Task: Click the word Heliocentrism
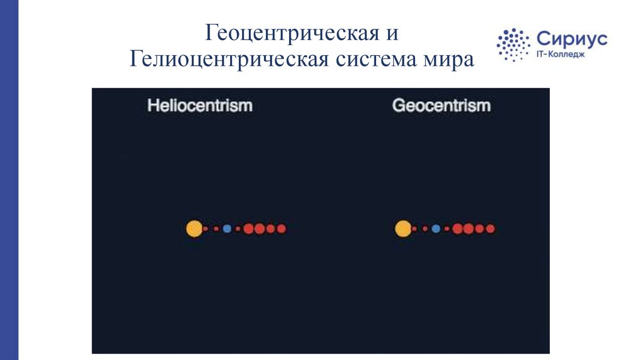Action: click(x=199, y=105)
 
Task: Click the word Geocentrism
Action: click(x=441, y=105)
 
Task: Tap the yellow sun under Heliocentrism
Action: click(x=194, y=229)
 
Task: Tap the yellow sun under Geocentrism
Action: click(x=403, y=229)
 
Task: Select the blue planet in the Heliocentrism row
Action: click(x=227, y=229)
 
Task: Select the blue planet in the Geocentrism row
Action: click(x=436, y=229)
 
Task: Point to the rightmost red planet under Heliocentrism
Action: click(x=281, y=229)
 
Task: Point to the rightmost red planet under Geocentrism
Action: click(x=490, y=229)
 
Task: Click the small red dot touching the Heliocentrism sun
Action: click(x=206, y=229)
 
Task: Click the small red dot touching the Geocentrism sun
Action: click(x=414, y=229)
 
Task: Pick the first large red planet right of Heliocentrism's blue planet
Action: click(x=249, y=229)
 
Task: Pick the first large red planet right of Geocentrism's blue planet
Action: click(x=458, y=229)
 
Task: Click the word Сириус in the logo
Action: click(x=572, y=39)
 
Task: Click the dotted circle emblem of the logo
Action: click(x=513, y=45)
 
